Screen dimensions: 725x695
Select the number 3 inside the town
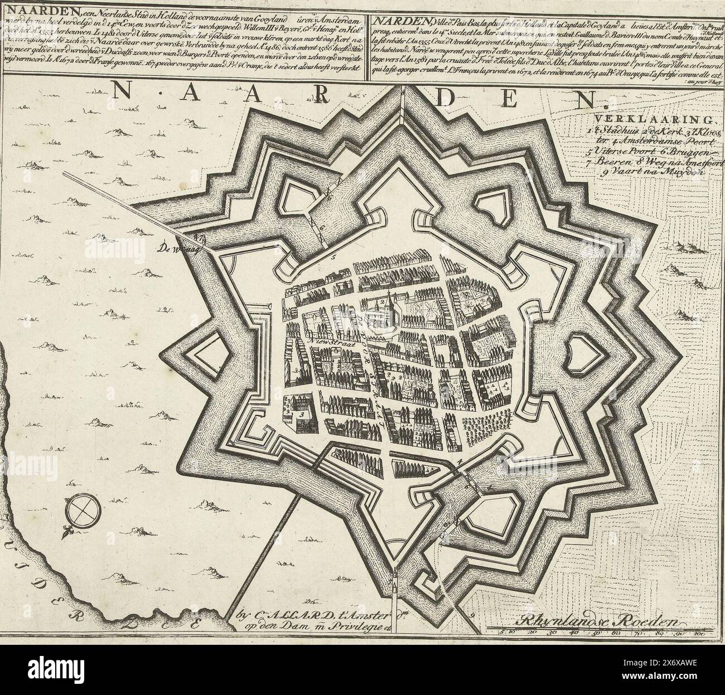[302, 416]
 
